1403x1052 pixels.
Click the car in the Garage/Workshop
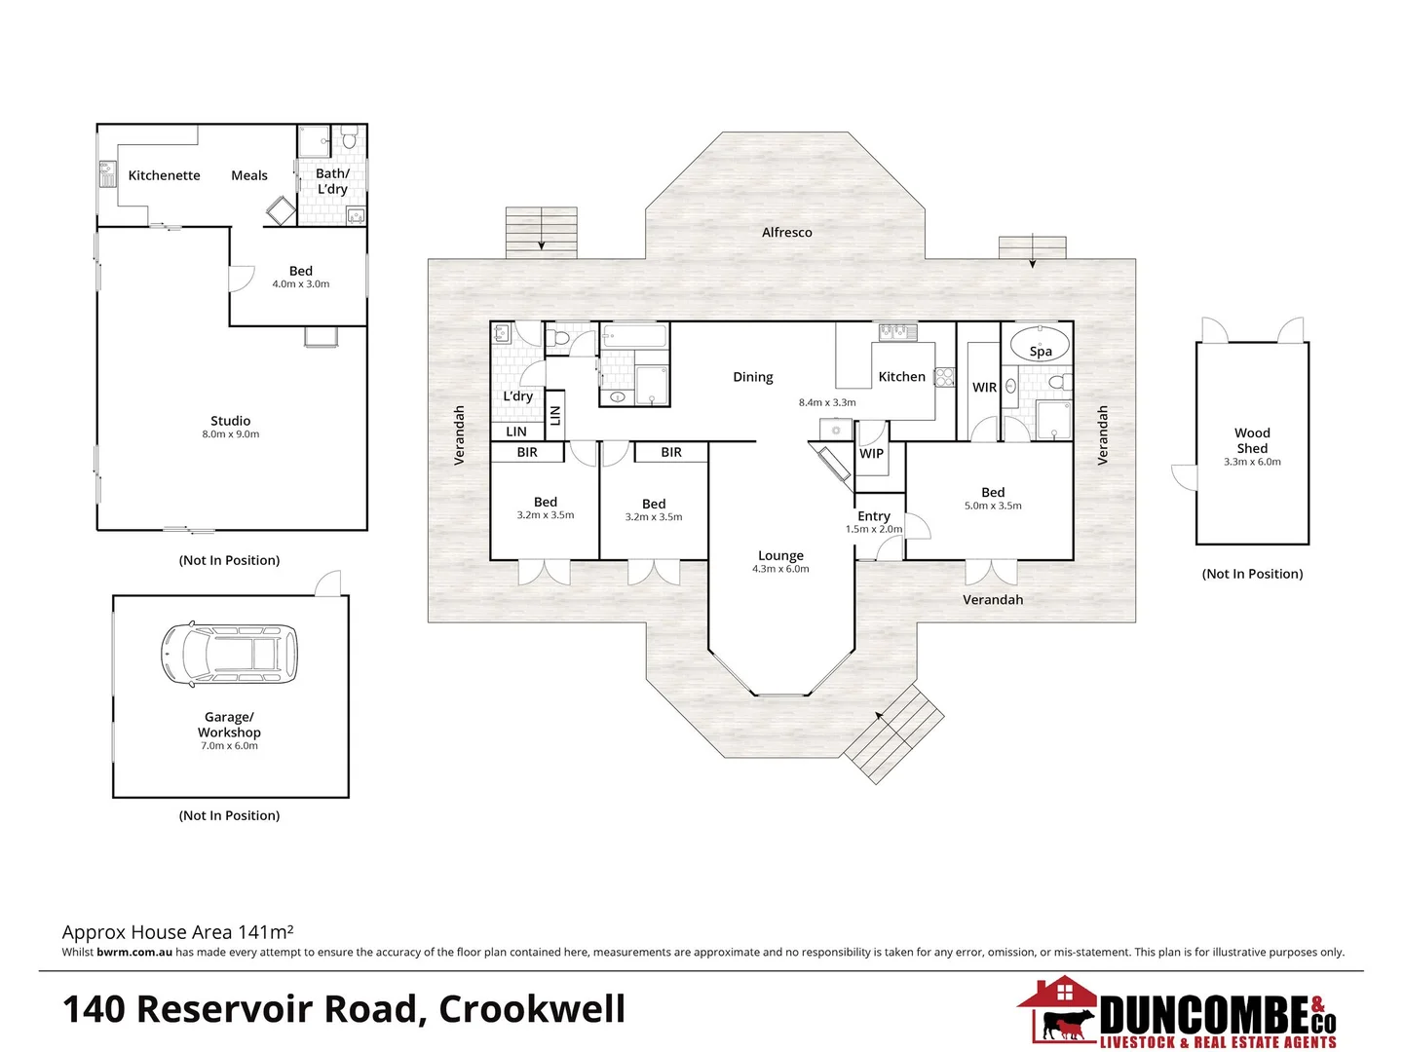[229, 653]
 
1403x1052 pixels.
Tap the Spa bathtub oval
[1039, 346]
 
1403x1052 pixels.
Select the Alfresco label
[786, 233]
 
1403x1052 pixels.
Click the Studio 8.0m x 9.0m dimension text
[231, 434]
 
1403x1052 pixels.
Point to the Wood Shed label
[1252, 440]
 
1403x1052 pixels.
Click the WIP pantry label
[871, 453]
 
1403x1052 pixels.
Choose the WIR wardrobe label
[984, 388]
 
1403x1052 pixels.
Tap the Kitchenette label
[164, 175]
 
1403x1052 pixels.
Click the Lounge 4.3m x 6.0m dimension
[780, 569]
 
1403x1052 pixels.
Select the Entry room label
[874, 516]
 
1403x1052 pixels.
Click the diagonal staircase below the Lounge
[893, 733]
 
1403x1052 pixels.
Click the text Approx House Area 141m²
[177, 932]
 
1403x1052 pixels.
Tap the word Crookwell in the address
[532, 1009]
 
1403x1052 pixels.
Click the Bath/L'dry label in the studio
[332, 181]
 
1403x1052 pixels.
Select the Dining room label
[753, 377]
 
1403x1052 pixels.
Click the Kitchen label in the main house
[901, 377]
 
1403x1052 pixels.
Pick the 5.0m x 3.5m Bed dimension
[993, 506]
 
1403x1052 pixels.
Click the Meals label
[249, 175]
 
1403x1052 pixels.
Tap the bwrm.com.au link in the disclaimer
[134, 953]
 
